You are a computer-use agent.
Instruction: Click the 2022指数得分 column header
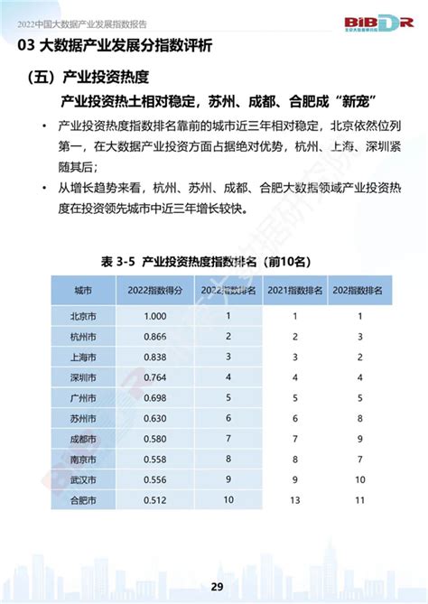click(x=154, y=291)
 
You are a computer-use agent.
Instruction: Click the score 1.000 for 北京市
click(x=154, y=316)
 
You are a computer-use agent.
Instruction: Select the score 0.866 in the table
click(x=154, y=336)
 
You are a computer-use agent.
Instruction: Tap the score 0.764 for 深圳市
click(x=154, y=376)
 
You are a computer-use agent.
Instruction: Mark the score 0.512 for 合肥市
click(x=154, y=497)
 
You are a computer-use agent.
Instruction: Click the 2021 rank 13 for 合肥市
click(x=293, y=497)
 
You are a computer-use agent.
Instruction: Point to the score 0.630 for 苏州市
click(x=154, y=417)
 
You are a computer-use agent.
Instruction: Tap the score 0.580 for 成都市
click(x=154, y=437)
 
